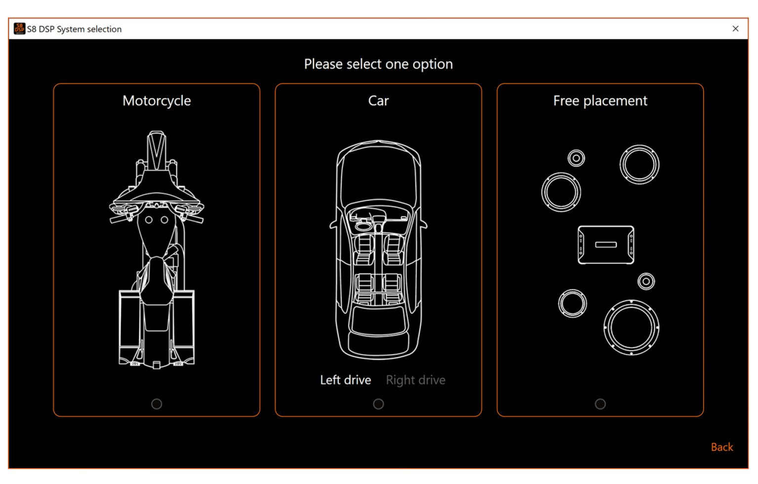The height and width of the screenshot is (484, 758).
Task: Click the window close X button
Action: [x=735, y=29]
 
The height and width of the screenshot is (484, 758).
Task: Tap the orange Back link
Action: [x=722, y=447]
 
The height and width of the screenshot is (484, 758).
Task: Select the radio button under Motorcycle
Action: [x=157, y=404]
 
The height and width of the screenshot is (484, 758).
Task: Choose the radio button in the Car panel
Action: [x=378, y=404]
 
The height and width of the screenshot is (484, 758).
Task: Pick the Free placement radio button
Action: [x=600, y=404]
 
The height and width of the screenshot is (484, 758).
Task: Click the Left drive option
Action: [x=346, y=380]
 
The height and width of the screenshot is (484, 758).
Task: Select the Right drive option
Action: [x=416, y=380]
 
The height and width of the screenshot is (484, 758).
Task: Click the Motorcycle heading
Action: [x=157, y=101]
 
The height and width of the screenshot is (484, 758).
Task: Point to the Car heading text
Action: [x=378, y=101]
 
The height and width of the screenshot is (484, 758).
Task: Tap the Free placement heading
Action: [x=600, y=101]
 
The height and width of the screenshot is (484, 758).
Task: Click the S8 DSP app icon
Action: [x=20, y=29]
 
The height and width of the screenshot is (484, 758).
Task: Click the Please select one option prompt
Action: [x=378, y=64]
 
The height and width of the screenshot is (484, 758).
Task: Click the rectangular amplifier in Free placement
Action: [x=606, y=244]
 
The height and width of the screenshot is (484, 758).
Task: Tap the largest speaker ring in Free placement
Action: [x=631, y=302]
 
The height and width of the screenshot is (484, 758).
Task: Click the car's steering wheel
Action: [x=363, y=226]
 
